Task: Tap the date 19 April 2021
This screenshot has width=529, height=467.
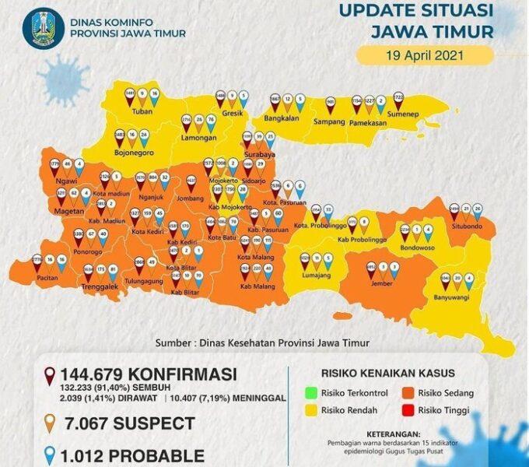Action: (x=425, y=55)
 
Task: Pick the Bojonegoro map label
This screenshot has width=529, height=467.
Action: (x=131, y=153)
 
